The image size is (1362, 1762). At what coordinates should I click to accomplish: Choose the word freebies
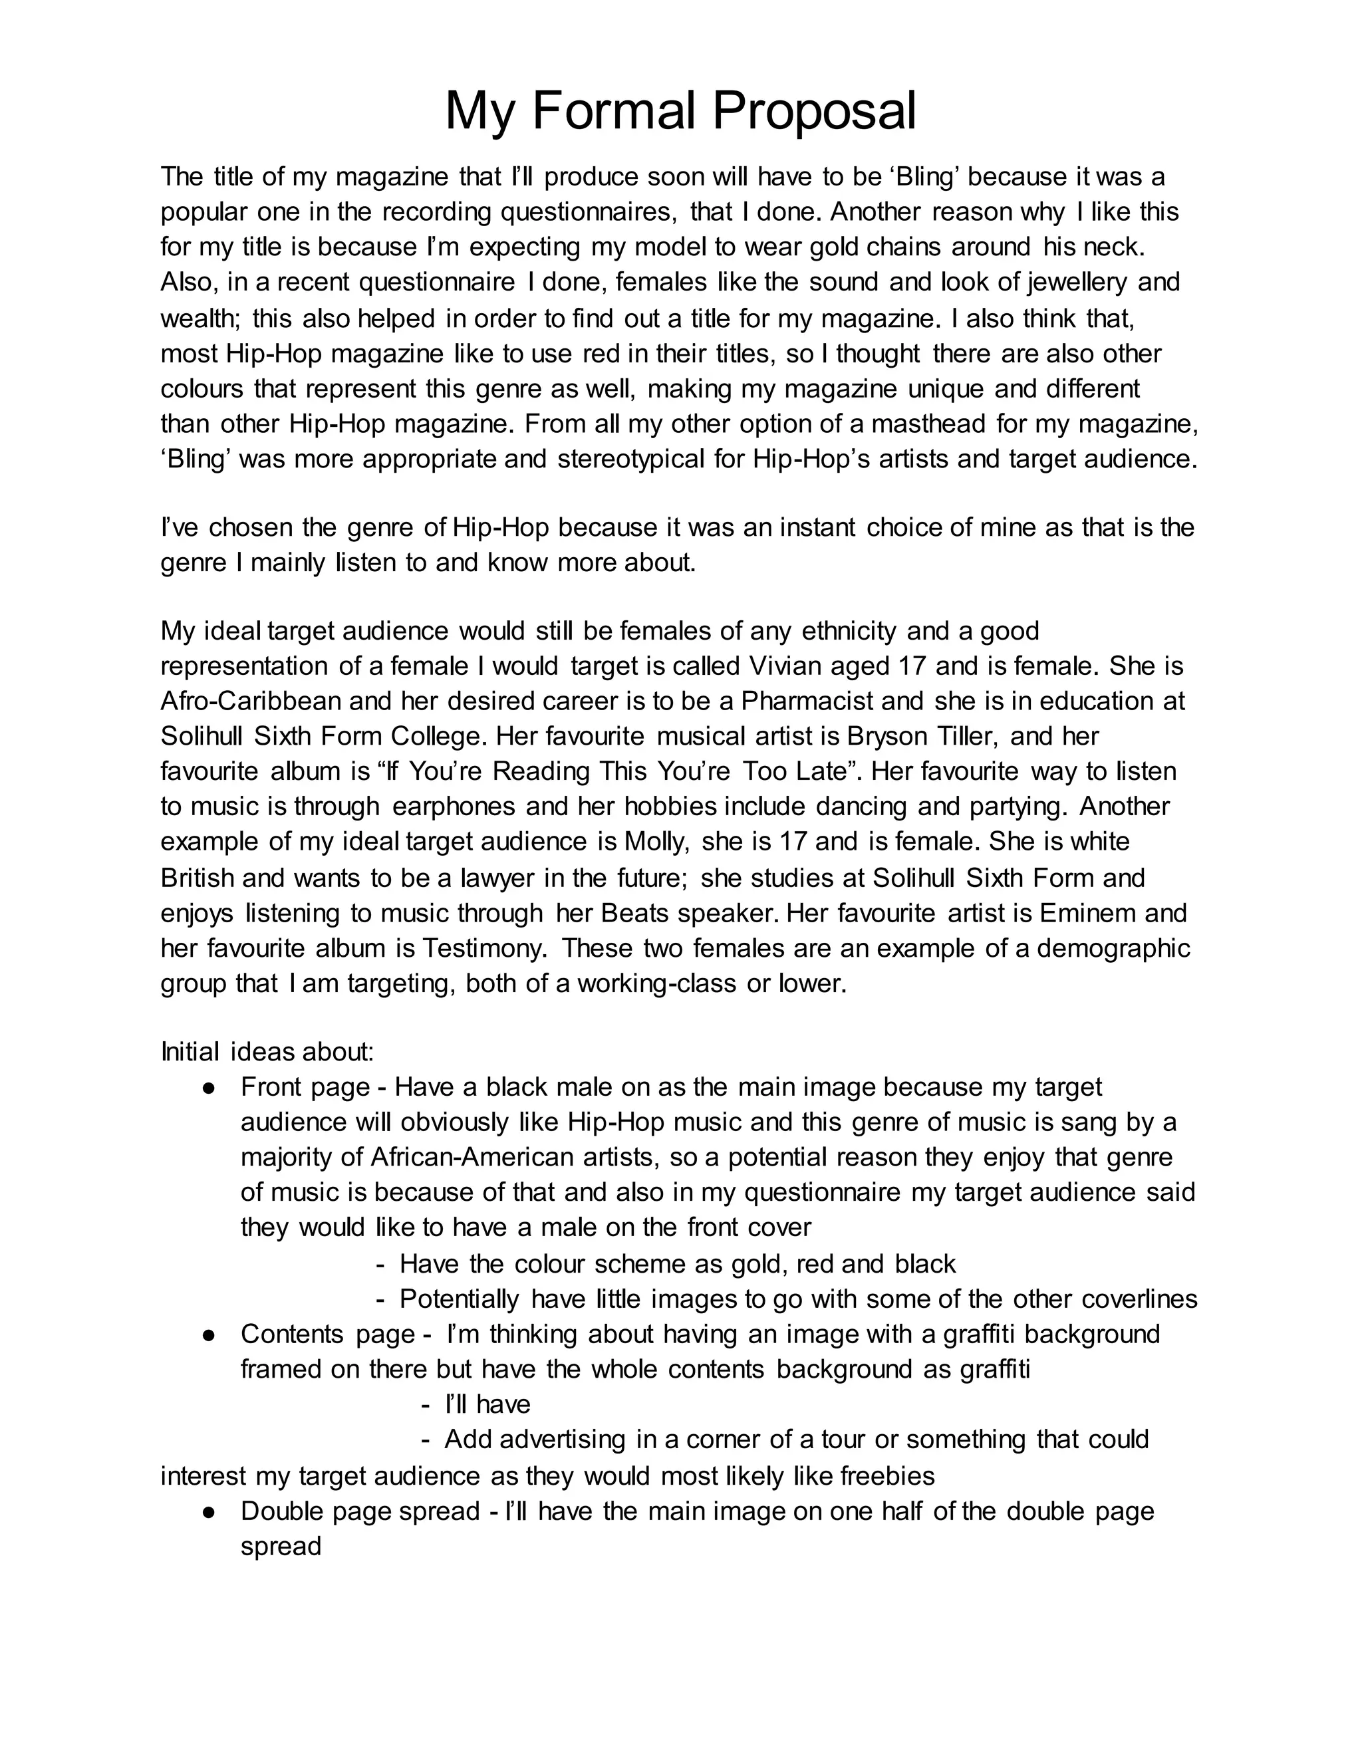(x=888, y=1475)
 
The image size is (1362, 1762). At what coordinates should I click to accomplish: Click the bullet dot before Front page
(x=208, y=1088)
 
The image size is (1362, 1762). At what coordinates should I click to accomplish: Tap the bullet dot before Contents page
(x=208, y=1334)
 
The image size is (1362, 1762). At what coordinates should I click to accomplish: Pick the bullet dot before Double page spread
(x=208, y=1511)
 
